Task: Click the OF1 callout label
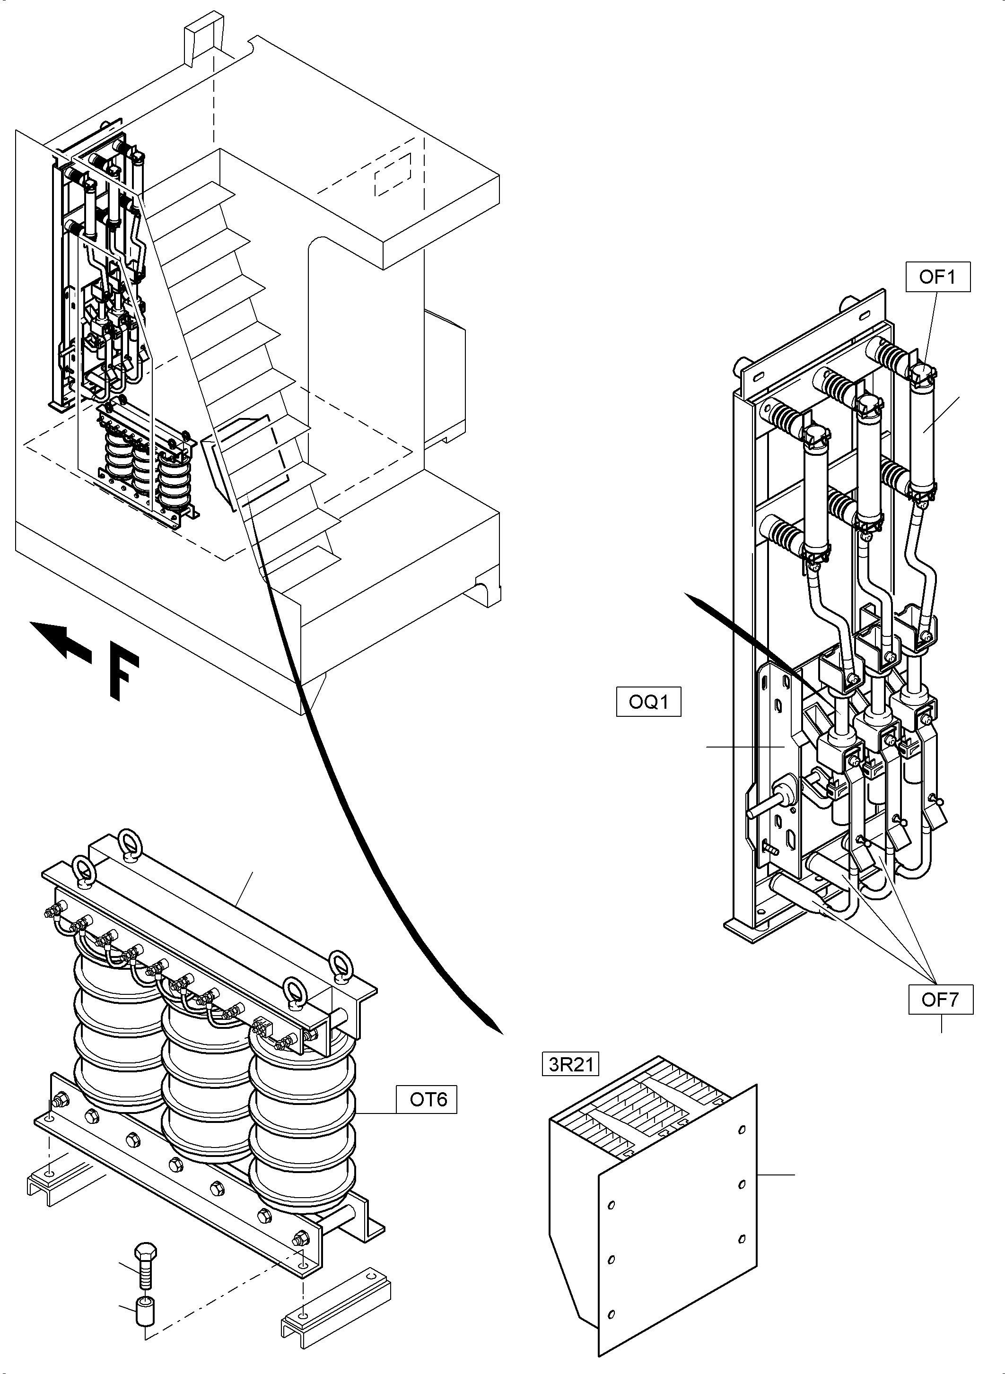tap(937, 278)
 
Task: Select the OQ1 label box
tap(648, 702)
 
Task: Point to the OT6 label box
tap(428, 1099)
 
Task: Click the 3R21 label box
tap(571, 1064)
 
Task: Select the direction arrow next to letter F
tap(61, 642)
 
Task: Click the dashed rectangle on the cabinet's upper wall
tap(393, 174)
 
